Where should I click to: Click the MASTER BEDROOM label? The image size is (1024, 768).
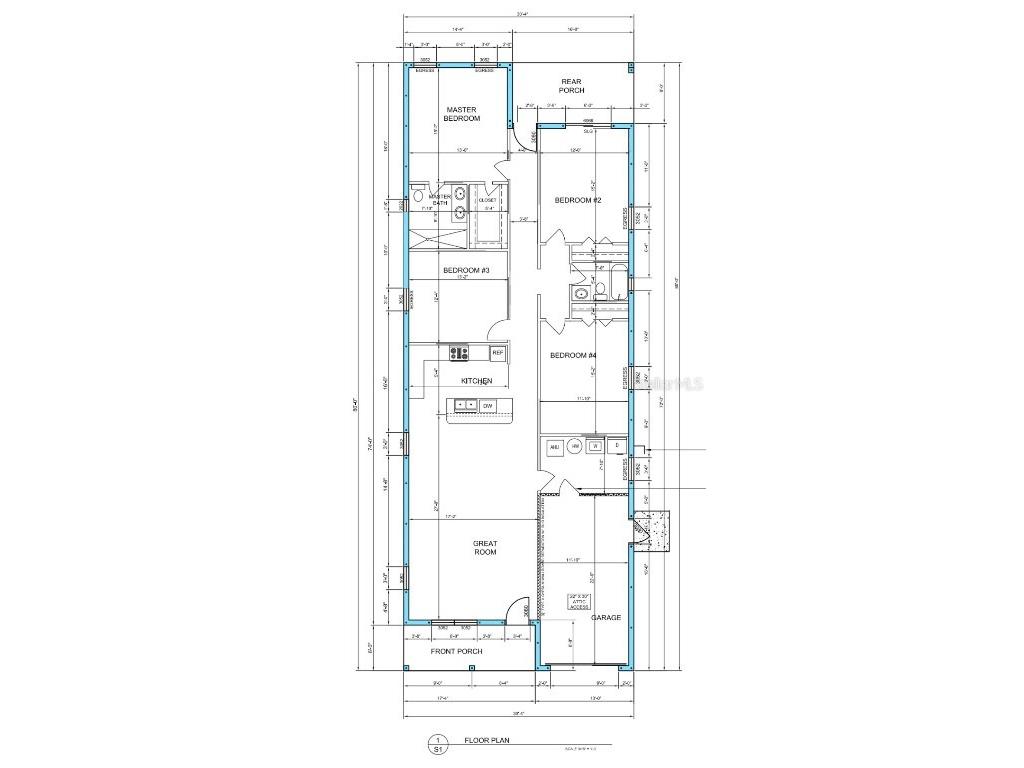462,114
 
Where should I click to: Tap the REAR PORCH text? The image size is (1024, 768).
571,86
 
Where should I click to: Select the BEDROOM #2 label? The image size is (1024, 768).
577,200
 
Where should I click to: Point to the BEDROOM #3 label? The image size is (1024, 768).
465,271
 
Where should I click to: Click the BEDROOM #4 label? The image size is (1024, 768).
573,356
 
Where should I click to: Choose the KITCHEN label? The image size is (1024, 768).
476,381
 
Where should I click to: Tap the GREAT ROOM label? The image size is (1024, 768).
485,547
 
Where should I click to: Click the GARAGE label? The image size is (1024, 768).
606,618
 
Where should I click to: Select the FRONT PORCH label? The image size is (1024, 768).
456,651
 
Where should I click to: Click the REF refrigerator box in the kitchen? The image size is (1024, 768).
497,353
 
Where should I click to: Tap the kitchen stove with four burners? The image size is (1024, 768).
460,352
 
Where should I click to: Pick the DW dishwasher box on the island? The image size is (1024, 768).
488,405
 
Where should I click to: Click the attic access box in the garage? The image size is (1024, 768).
579,601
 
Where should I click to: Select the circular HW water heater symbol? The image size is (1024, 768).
575,446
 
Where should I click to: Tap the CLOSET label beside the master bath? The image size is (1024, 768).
487,200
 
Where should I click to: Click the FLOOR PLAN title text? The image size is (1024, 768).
485,741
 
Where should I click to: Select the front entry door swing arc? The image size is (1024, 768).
517,608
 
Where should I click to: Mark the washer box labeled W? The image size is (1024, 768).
595,446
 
